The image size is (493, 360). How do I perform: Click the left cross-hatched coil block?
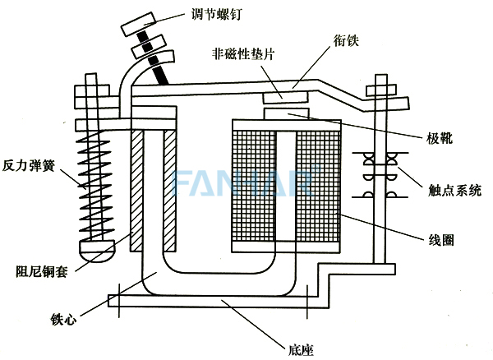tap(251, 188)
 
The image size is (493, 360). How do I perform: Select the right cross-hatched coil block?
tap(317, 188)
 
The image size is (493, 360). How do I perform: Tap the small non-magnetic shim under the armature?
tap(284, 97)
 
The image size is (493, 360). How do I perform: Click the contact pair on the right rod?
tap(381, 176)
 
